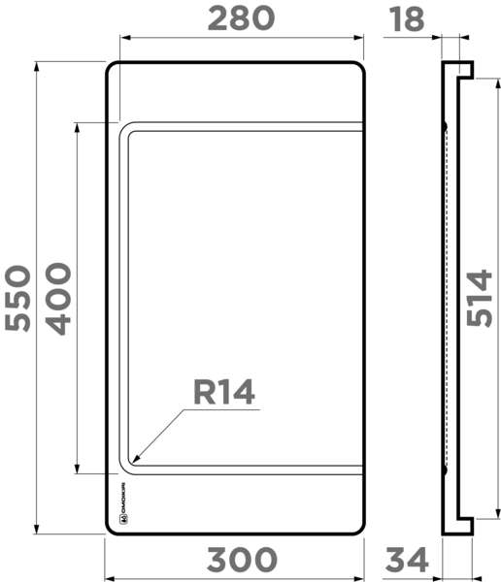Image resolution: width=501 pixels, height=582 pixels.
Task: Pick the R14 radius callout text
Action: [223, 392]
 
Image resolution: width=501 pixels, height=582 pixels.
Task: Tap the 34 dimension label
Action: [408, 560]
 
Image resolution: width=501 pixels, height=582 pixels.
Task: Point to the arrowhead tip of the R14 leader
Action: [135, 461]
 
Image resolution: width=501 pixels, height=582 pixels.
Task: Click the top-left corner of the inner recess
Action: [123, 129]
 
